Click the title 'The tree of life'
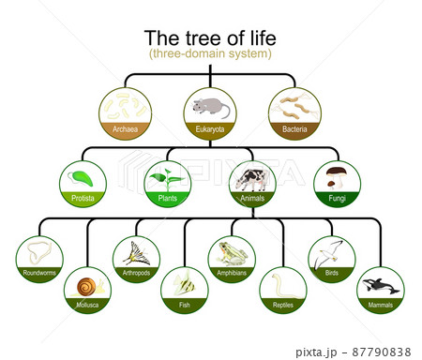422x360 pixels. coord(209,37)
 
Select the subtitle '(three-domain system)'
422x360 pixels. coord(209,54)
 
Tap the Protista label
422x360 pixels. coord(83,199)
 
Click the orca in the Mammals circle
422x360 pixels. coord(380,286)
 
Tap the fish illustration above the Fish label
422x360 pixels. coord(185,284)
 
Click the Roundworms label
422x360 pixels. coord(40,274)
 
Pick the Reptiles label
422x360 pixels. coord(282,305)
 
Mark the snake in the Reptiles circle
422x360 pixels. coord(282,285)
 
